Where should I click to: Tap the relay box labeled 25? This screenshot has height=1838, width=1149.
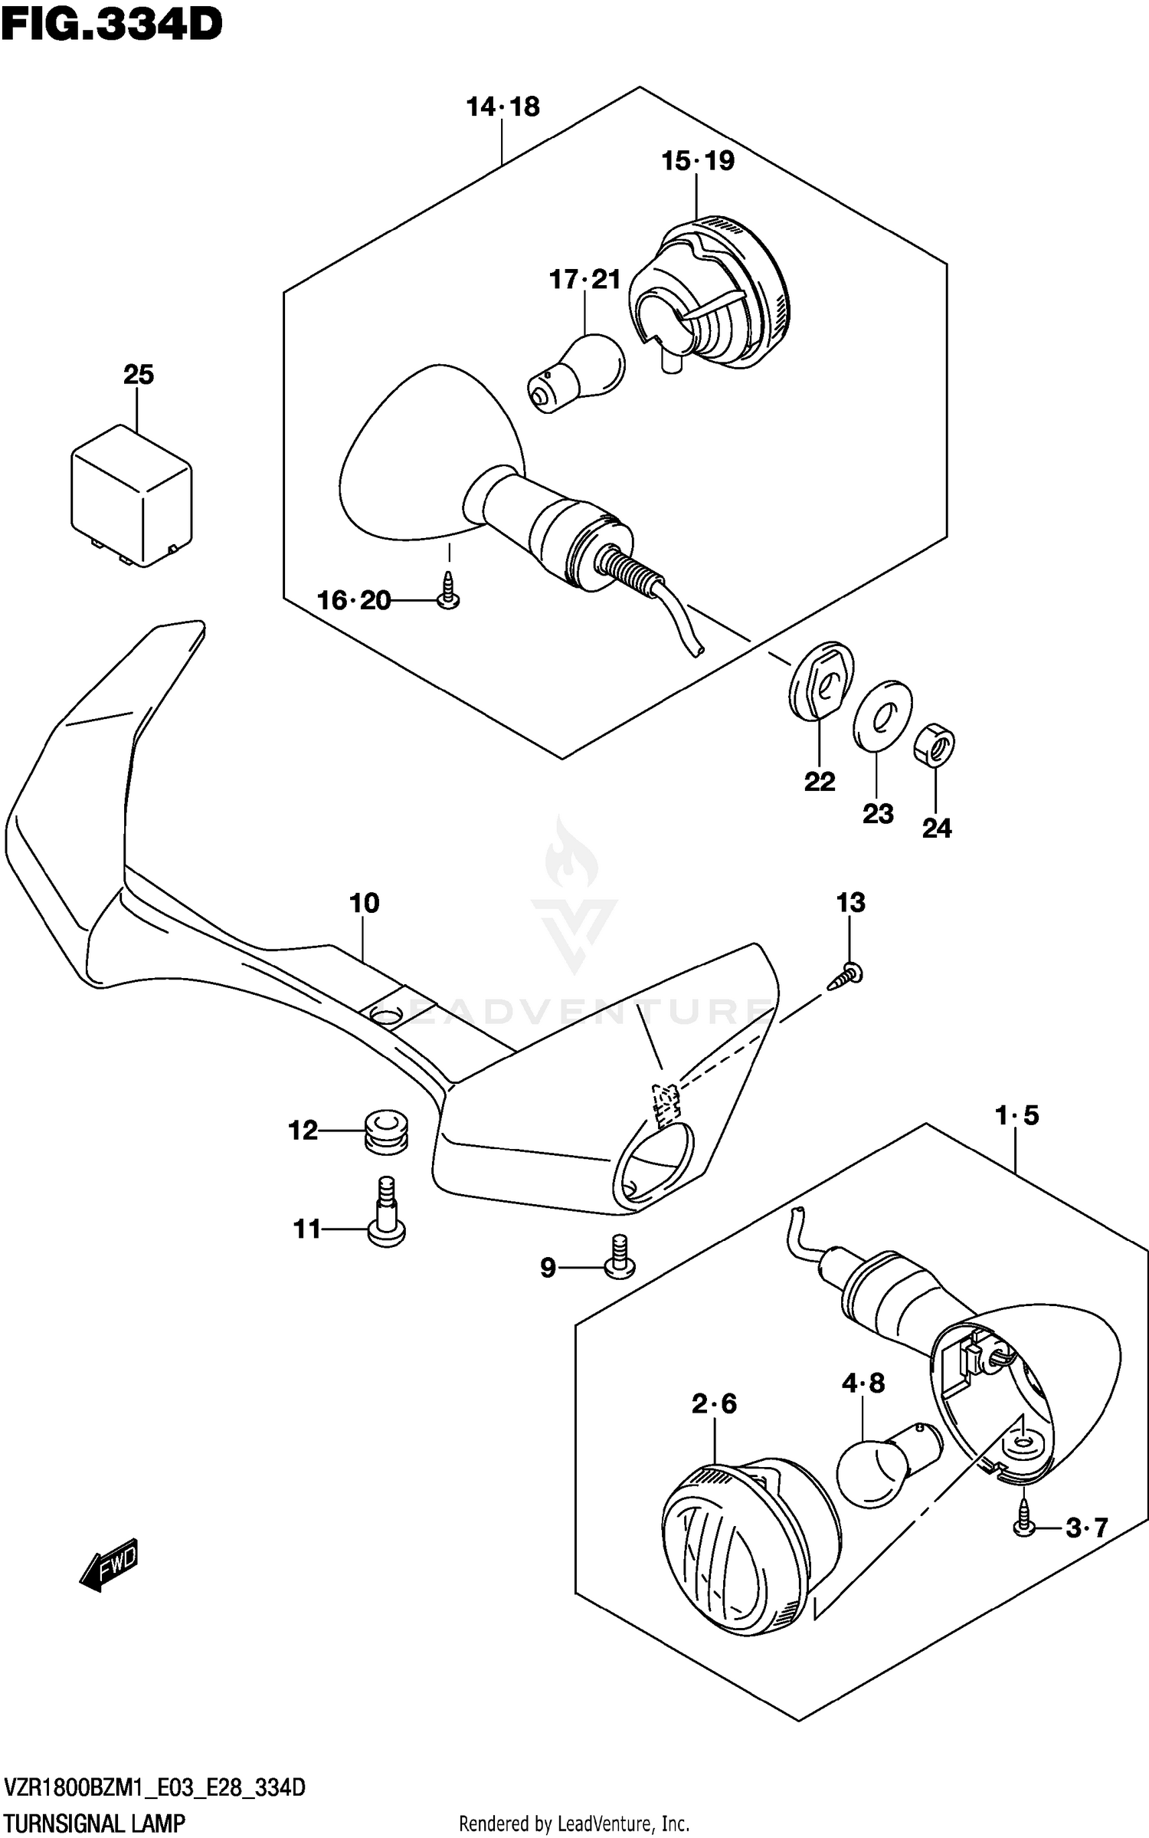point(131,496)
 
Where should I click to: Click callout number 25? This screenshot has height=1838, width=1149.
point(138,375)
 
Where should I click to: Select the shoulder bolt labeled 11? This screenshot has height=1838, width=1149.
point(386,1216)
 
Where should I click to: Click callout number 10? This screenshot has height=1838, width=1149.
point(365,903)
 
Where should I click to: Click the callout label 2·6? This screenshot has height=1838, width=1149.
point(714,1403)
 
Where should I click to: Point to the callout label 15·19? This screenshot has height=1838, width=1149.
point(698,161)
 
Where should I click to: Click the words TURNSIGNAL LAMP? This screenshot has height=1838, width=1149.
point(94,1823)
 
